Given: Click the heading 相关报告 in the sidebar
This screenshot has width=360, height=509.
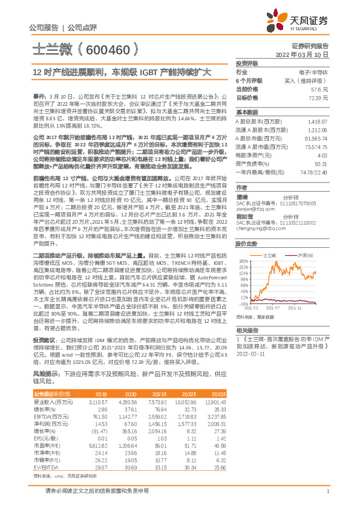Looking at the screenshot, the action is coord(246,329).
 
